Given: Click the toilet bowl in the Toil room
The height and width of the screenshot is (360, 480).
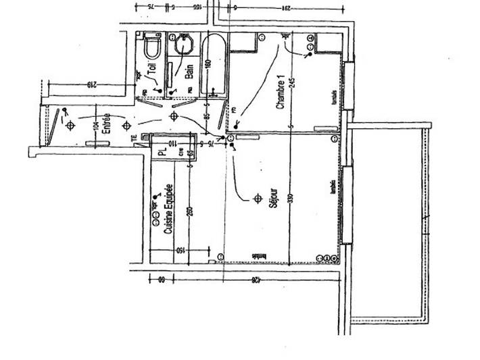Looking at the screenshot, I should pos(151,47).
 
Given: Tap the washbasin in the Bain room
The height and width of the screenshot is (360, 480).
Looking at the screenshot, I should pos(183,45).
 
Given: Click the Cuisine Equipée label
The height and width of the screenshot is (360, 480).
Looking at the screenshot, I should pos(168,209).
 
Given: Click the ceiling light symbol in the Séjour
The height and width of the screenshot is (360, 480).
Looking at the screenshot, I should pos(257,198).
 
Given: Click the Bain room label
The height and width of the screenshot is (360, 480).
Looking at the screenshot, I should pos(189,71).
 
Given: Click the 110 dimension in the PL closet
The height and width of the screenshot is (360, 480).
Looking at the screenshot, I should pos(172,144).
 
